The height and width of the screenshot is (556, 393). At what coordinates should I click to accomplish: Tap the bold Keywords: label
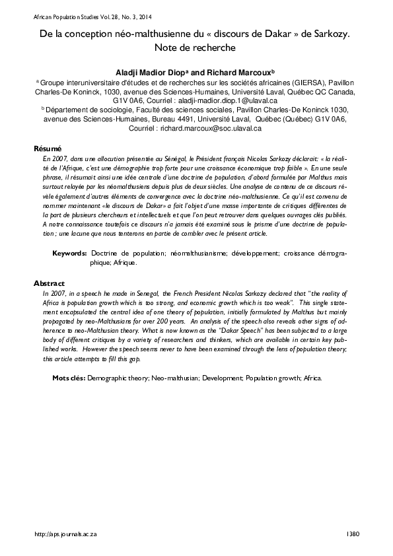69,254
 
